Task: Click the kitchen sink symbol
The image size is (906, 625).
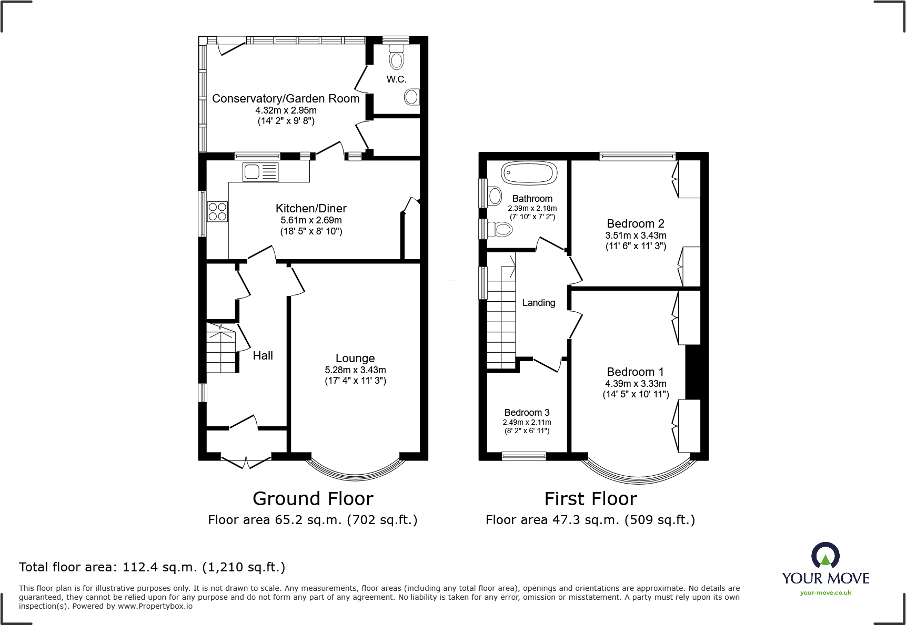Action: tap(260, 172)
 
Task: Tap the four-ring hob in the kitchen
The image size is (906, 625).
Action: tap(217, 211)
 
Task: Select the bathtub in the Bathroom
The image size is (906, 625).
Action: tap(529, 173)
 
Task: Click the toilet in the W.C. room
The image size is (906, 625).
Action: tap(396, 57)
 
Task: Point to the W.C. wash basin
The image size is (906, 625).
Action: tap(412, 97)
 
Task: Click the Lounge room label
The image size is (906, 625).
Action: tap(355, 358)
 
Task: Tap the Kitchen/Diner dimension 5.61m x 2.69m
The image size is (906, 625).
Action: tap(311, 220)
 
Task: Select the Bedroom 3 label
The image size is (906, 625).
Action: tap(527, 413)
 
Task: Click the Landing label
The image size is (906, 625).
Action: tap(538, 303)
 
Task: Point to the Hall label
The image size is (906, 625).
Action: tap(263, 356)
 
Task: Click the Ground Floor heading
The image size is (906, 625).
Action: tap(313, 498)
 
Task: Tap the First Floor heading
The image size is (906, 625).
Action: tap(590, 498)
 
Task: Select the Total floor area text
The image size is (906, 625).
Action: tap(152, 567)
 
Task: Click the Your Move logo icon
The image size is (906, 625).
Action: tap(825, 555)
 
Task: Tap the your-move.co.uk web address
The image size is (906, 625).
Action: tap(826, 593)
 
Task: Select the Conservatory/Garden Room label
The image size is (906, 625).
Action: tap(286, 99)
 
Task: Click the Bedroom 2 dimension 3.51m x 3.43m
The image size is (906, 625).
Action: tap(636, 235)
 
